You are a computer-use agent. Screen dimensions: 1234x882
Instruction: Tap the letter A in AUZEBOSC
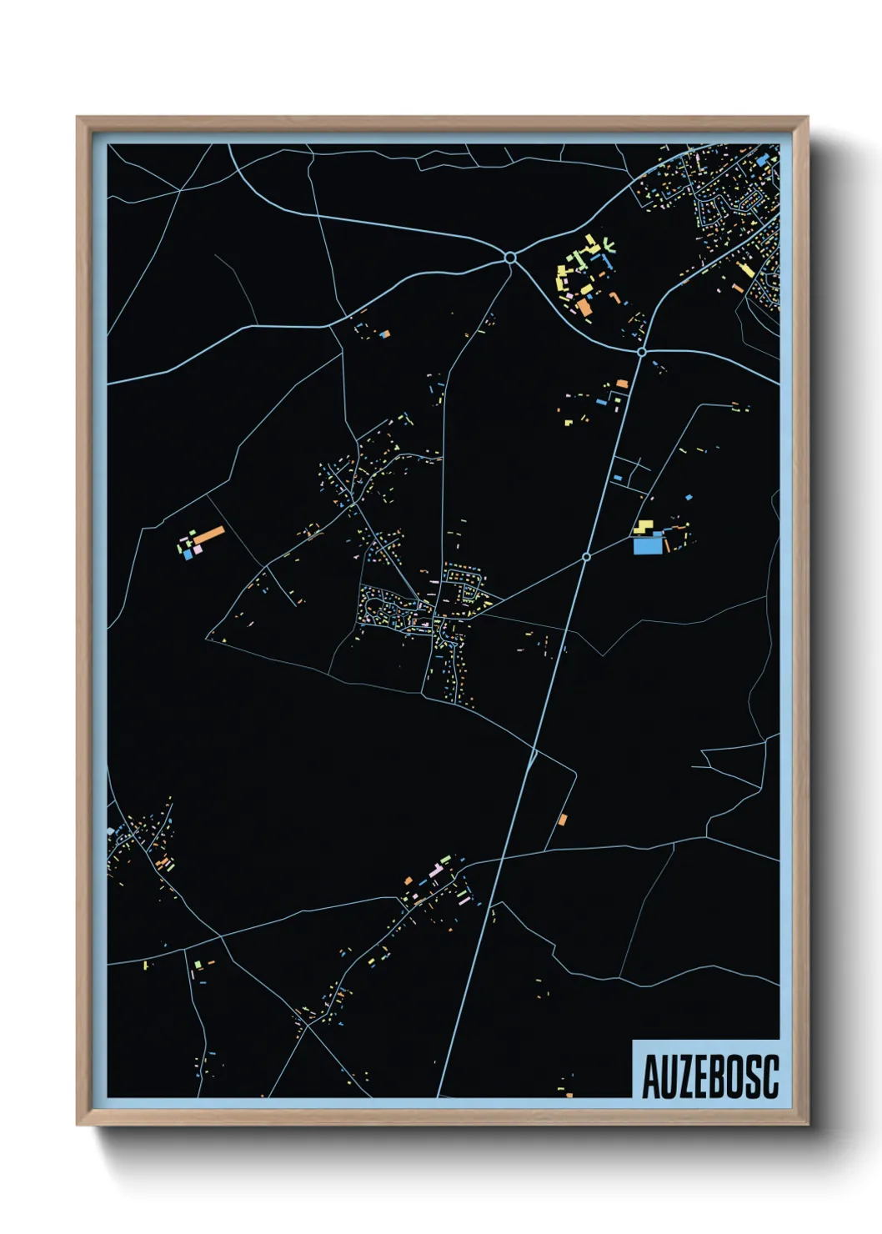click(x=650, y=1077)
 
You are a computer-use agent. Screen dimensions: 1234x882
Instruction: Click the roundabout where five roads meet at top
click(x=509, y=259)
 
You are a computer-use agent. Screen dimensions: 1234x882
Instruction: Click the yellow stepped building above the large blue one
click(x=644, y=526)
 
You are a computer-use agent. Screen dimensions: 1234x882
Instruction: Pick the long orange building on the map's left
click(x=208, y=534)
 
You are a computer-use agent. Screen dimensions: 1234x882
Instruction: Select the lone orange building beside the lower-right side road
click(x=563, y=819)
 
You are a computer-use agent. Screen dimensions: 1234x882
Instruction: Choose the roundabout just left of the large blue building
click(x=586, y=556)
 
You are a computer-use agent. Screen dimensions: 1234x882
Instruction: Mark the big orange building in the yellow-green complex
click(x=585, y=308)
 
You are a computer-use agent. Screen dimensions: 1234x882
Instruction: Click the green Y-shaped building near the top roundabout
click(x=609, y=245)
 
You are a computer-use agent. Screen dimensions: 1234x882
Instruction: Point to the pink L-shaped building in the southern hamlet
click(x=435, y=871)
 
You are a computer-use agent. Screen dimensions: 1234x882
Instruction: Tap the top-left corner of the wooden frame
click(x=78, y=118)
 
